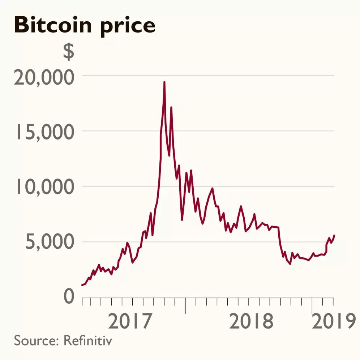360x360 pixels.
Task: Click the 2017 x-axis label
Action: point(129,322)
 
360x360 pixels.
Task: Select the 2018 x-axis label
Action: point(252,322)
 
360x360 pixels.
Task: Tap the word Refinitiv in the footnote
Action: point(87,340)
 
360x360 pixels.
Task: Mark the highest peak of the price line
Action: point(164,82)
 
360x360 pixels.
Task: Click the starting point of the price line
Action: point(82,285)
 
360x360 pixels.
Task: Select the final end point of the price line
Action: point(334,235)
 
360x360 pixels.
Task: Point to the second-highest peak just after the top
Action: point(171,107)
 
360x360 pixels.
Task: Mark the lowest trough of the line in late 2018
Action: point(290,264)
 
